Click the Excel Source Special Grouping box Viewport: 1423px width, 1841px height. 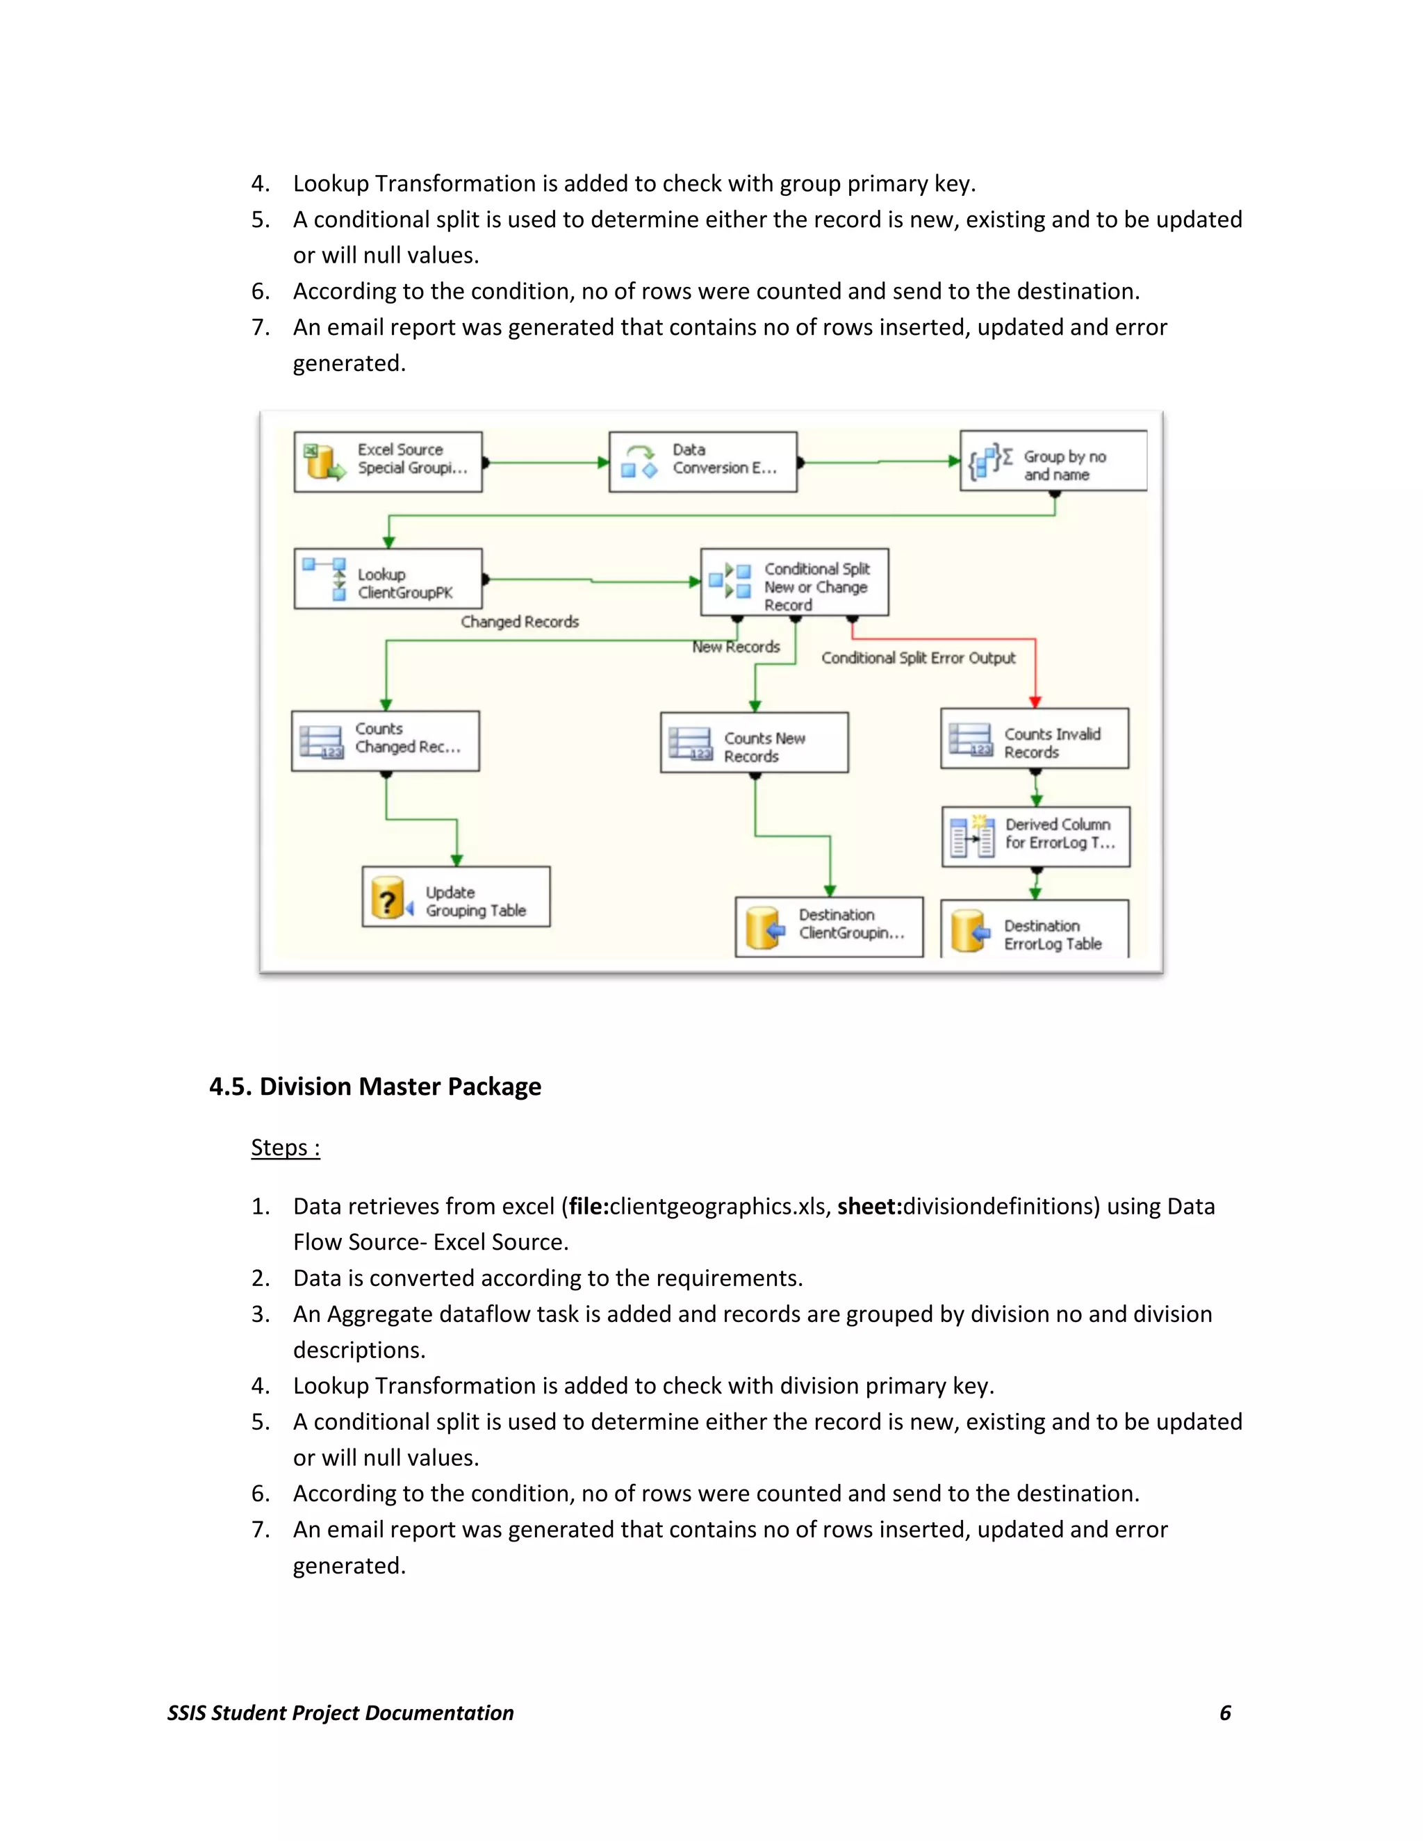click(388, 461)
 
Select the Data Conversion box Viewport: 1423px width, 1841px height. click(702, 461)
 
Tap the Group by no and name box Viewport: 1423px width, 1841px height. click(1053, 461)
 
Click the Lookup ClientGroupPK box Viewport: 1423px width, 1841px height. click(388, 579)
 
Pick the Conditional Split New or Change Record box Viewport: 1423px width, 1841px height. click(794, 582)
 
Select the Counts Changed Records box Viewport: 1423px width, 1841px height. click(385, 741)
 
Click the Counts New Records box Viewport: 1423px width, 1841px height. click(754, 743)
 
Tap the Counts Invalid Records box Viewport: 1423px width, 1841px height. click(1035, 738)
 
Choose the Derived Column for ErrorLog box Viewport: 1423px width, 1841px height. click(1035, 836)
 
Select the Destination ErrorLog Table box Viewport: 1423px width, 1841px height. click(1035, 931)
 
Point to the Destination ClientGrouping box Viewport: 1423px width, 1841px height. click(829, 925)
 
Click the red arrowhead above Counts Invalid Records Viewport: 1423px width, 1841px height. click(1035, 702)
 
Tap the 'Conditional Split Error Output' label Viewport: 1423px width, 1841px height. click(918, 659)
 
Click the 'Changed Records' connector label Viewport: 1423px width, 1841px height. click(519, 622)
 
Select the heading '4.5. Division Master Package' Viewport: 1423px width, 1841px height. click(375, 1087)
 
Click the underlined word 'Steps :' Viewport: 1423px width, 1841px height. click(285, 1148)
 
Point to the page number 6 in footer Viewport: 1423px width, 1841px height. click(1225, 1713)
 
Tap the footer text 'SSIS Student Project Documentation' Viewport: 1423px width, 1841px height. click(340, 1713)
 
